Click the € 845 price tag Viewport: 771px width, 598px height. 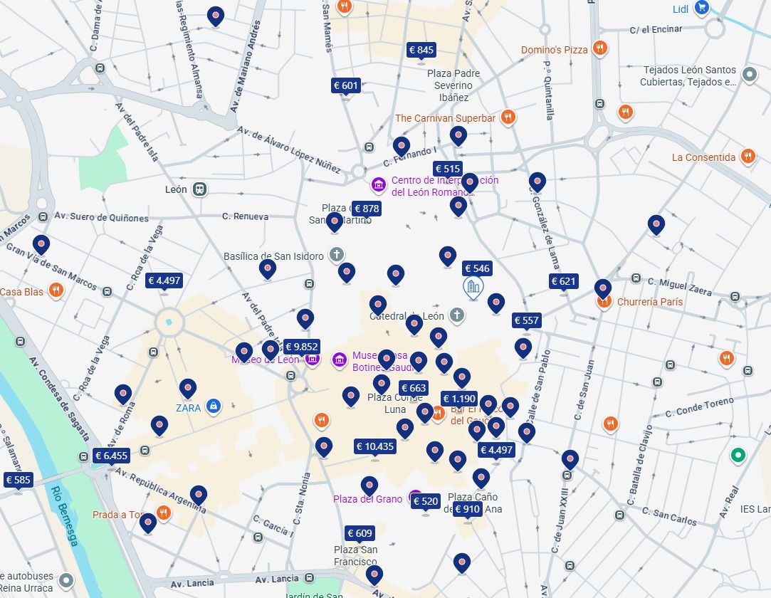(x=421, y=50)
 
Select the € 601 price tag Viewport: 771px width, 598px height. (x=346, y=85)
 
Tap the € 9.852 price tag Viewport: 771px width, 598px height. (x=301, y=347)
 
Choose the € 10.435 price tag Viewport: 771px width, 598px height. (x=374, y=446)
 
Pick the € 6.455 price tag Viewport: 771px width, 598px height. (x=111, y=456)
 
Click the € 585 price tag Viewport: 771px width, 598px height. (x=18, y=480)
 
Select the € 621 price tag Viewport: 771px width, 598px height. (x=563, y=281)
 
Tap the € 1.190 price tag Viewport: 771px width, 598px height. (x=458, y=399)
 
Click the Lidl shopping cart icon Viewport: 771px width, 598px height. (x=702, y=9)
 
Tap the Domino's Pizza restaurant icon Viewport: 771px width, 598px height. (x=600, y=49)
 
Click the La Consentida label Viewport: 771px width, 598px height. (x=703, y=157)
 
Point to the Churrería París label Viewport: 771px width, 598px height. (x=649, y=302)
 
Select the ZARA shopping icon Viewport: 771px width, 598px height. (x=213, y=406)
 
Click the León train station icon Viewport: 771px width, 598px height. (x=200, y=189)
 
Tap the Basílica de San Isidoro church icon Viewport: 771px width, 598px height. (x=337, y=255)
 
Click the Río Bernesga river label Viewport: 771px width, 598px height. (x=65, y=516)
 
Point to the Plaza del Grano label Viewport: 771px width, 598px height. (x=367, y=499)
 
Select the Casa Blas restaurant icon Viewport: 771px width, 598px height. (x=56, y=291)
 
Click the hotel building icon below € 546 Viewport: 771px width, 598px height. (x=473, y=288)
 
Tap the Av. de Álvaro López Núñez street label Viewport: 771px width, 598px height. (x=288, y=149)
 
